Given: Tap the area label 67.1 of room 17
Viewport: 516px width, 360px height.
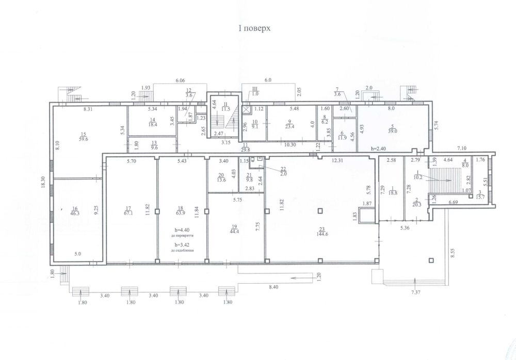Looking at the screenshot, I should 127,212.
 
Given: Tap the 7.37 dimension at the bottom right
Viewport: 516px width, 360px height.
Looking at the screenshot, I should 416,293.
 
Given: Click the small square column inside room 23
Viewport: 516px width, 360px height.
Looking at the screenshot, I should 320,210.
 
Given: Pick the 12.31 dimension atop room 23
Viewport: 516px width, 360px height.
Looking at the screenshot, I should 337,160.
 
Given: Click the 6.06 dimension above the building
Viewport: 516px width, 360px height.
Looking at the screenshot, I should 180,81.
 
